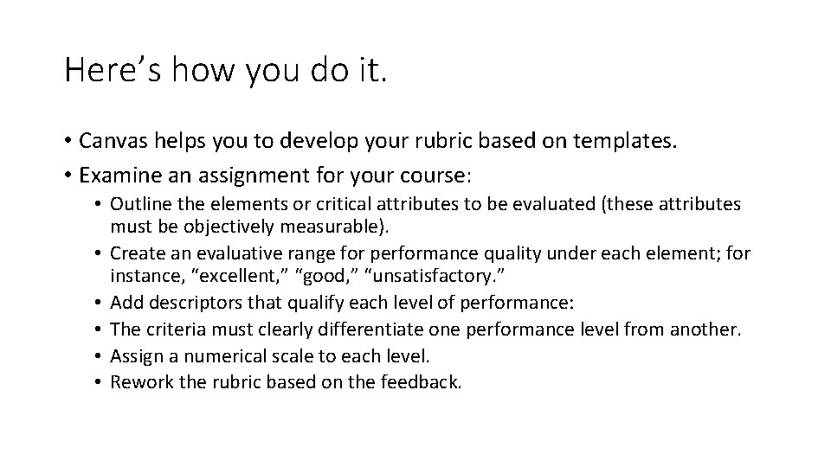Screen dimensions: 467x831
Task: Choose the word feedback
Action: (x=423, y=382)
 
